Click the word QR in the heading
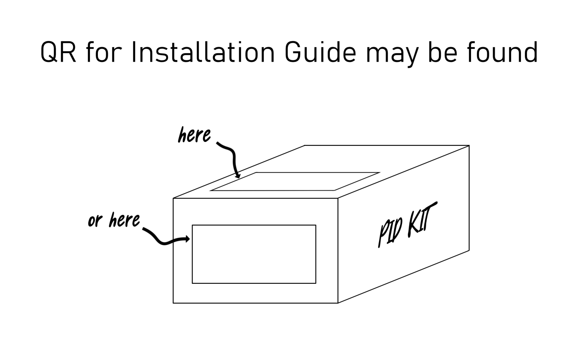click(58, 53)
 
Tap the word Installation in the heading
click(203, 53)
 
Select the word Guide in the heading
click(320, 53)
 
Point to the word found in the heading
click(502, 53)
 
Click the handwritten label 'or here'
click(114, 220)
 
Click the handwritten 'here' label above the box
click(194, 135)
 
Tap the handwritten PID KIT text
click(407, 225)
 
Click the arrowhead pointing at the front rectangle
click(187, 239)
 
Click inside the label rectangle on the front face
click(254, 254)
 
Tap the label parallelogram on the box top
click(294, 181)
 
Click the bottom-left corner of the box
click(173, 303)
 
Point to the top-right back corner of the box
click(469, 146)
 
